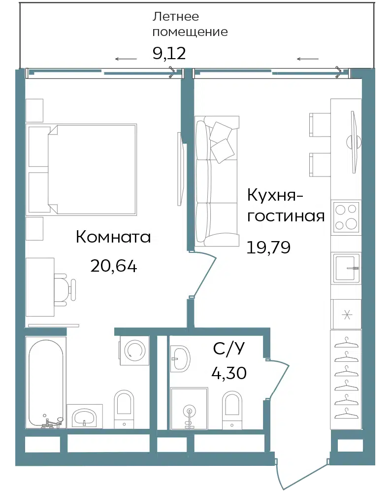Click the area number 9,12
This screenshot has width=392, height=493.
point(169,53)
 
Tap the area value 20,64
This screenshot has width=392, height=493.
point(114,266)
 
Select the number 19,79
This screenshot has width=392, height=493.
point(268,247)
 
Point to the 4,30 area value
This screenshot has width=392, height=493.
point(229,373)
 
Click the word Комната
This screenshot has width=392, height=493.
point(113,237)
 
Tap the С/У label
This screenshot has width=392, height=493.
point(229,349)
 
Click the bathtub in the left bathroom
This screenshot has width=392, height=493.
point(46,383)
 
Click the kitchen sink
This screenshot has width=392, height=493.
point(346,268)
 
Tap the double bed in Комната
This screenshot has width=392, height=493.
point(82,170)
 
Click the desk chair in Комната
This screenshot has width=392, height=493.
point(65,289)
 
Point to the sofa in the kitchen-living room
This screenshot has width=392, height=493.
point(216,181)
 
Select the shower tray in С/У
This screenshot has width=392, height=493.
point(189,408)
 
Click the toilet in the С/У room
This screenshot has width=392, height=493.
point(232,411)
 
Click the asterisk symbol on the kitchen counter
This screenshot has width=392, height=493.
point(347,315)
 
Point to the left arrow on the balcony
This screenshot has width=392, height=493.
point(126,59)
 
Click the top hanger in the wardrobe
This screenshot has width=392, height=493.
point(346,343)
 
